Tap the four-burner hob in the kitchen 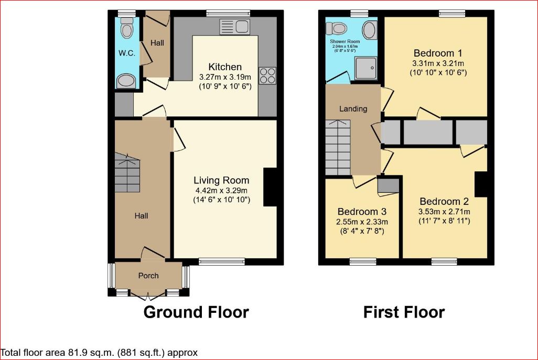tap(267, 76)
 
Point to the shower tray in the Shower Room tap(367, 69)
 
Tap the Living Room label tap(221, 180)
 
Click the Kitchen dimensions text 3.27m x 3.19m tap(225, 77)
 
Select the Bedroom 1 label tap(437, 53)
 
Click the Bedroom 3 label tap(362, 212)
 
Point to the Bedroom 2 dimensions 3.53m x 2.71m tap(444, 212)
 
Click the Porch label tap(148, 276)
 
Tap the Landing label tap(353, 109)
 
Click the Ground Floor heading tap(196, 312)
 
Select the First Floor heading tap(404, 312)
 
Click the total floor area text tap(99, 353)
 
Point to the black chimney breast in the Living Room tap(270, 187)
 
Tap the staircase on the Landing tap(337, 147)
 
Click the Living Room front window tap(221, 261)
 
